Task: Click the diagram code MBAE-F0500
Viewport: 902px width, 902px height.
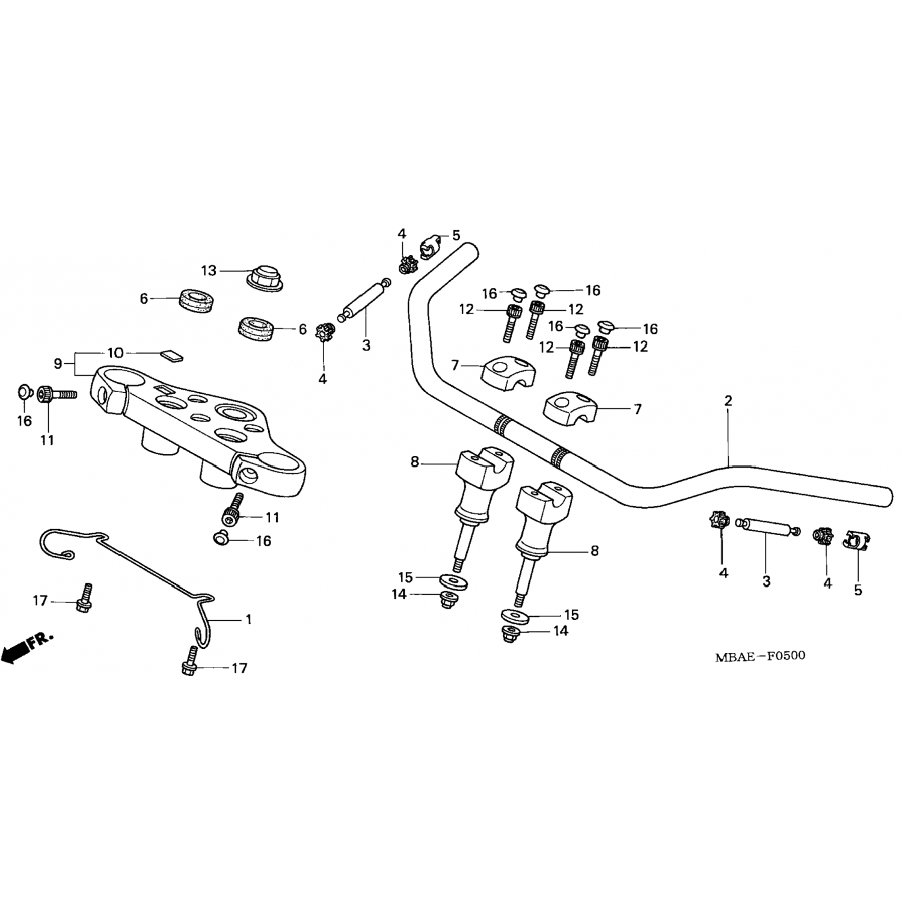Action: [760, 655]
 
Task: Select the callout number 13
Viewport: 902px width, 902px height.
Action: [209, 271]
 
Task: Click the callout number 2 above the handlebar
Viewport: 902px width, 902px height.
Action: [728, 400]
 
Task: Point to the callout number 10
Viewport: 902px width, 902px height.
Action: [115, 352]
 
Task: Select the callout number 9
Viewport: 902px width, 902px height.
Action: [58, 363]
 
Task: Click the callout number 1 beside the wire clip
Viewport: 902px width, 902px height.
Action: [248, 619]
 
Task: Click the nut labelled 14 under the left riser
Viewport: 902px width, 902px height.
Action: [447, 599]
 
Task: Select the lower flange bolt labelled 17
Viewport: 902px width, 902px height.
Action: [189, 660]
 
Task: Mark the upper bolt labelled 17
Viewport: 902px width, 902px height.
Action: [84, 598]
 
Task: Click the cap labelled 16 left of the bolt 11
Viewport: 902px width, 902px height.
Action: [23, 393]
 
